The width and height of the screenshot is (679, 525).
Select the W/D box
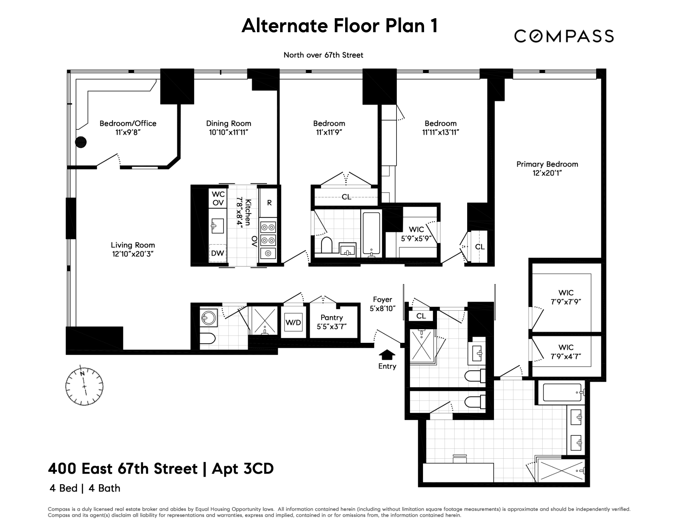[293, 323]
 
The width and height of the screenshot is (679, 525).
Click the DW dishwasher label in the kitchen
[217, 253]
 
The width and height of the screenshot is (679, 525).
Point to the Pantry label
[332, 318]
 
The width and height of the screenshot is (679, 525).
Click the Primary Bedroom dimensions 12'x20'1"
[547, 173]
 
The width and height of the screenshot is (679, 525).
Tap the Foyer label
[382, 300]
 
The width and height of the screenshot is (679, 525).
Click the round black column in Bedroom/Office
[81, 142]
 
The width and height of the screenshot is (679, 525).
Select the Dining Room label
[228, 123]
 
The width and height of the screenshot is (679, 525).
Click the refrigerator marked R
[269, 203]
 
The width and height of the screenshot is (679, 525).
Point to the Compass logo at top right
[564, 36]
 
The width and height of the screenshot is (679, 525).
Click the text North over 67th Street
[323, 55]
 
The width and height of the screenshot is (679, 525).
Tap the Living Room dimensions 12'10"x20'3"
[133, 254]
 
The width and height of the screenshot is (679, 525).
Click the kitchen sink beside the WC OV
[218, 226]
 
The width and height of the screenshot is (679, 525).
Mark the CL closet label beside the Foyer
[421, 316]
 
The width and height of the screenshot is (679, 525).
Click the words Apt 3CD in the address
[243, 469]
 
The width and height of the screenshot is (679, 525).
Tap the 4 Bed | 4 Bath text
[85, 488]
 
